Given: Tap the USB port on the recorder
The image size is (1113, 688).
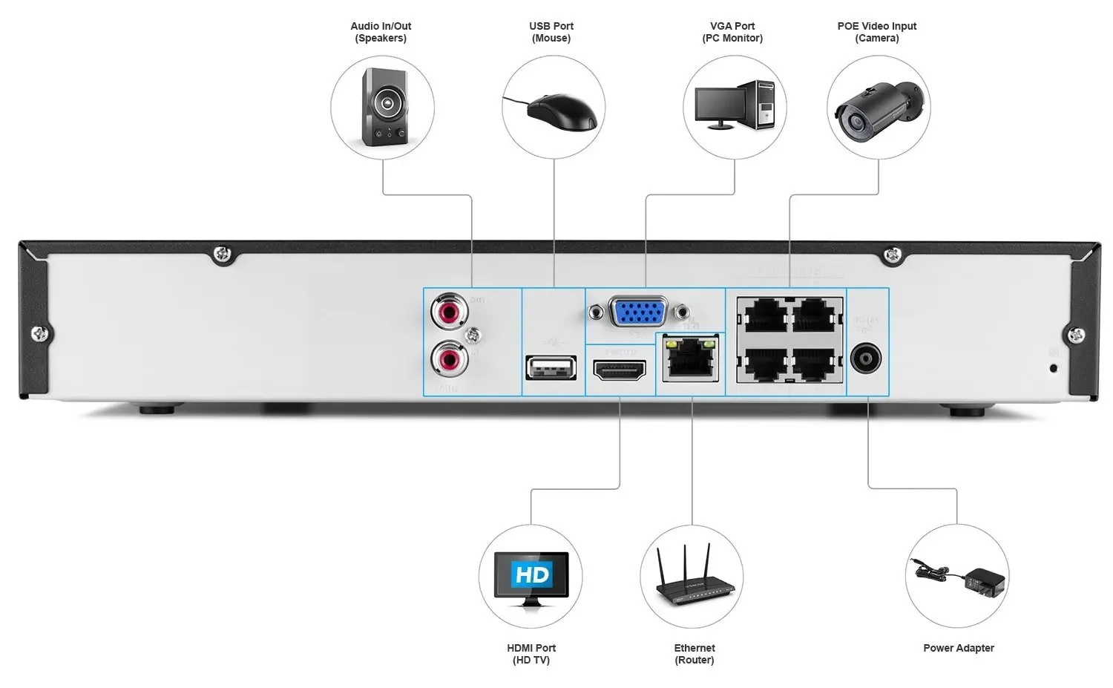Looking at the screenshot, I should [551, 367].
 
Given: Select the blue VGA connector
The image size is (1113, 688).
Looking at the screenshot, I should [638, 312].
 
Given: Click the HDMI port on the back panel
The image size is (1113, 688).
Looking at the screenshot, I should [620, 369].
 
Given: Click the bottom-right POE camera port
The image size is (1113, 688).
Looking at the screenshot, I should [815, 364].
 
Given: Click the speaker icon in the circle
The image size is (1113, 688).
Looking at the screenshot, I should [383, 108].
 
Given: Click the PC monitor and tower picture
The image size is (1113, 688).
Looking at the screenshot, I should [734, 106].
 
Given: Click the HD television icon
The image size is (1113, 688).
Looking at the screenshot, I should [531, 578].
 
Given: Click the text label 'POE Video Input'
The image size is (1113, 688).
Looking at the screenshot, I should [876, 26].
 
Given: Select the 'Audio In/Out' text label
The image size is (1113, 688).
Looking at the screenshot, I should [381, 26].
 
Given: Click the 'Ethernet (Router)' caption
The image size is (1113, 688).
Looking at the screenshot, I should [695, 654].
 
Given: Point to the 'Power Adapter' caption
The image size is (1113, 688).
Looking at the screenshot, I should [958, 648].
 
